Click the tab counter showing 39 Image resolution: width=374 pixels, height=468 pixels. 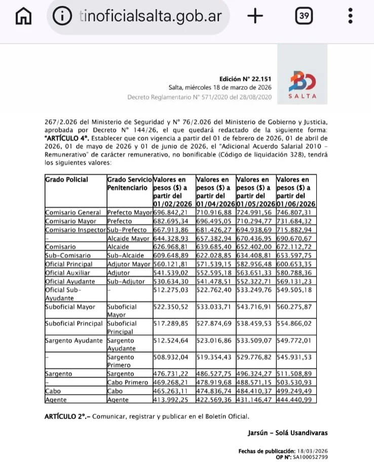(304, 16)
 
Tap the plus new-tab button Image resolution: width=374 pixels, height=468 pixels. (256, 16)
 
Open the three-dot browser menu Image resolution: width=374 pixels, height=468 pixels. (351, 16)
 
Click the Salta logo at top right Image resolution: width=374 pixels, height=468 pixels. (303, 85)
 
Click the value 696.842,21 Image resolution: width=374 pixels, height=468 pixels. (173, 213)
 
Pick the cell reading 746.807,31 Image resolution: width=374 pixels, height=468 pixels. (296, 213)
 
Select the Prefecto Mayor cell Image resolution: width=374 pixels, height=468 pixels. (129, 213)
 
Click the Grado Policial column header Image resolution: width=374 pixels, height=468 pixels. (66, 179)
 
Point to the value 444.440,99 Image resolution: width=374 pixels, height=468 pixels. (296, 400)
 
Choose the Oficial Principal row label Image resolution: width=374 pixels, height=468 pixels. (69, 264)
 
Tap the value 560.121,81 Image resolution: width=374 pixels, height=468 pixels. (173, 264)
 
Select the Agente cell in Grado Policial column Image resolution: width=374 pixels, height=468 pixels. (56, 400)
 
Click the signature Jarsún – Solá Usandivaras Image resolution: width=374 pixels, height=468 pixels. (287, 433)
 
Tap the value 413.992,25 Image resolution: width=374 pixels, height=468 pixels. (173, 400)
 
